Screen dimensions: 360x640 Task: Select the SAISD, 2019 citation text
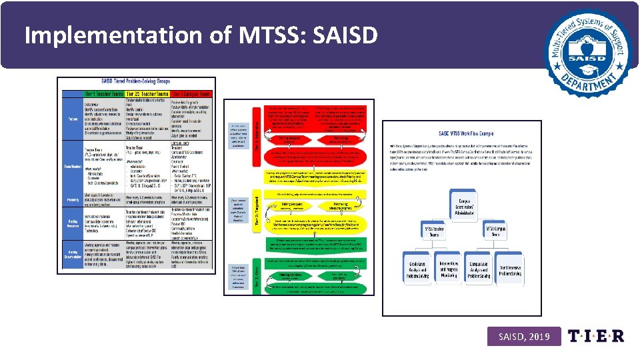[524, 337]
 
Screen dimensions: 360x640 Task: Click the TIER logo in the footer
[596, 336]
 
